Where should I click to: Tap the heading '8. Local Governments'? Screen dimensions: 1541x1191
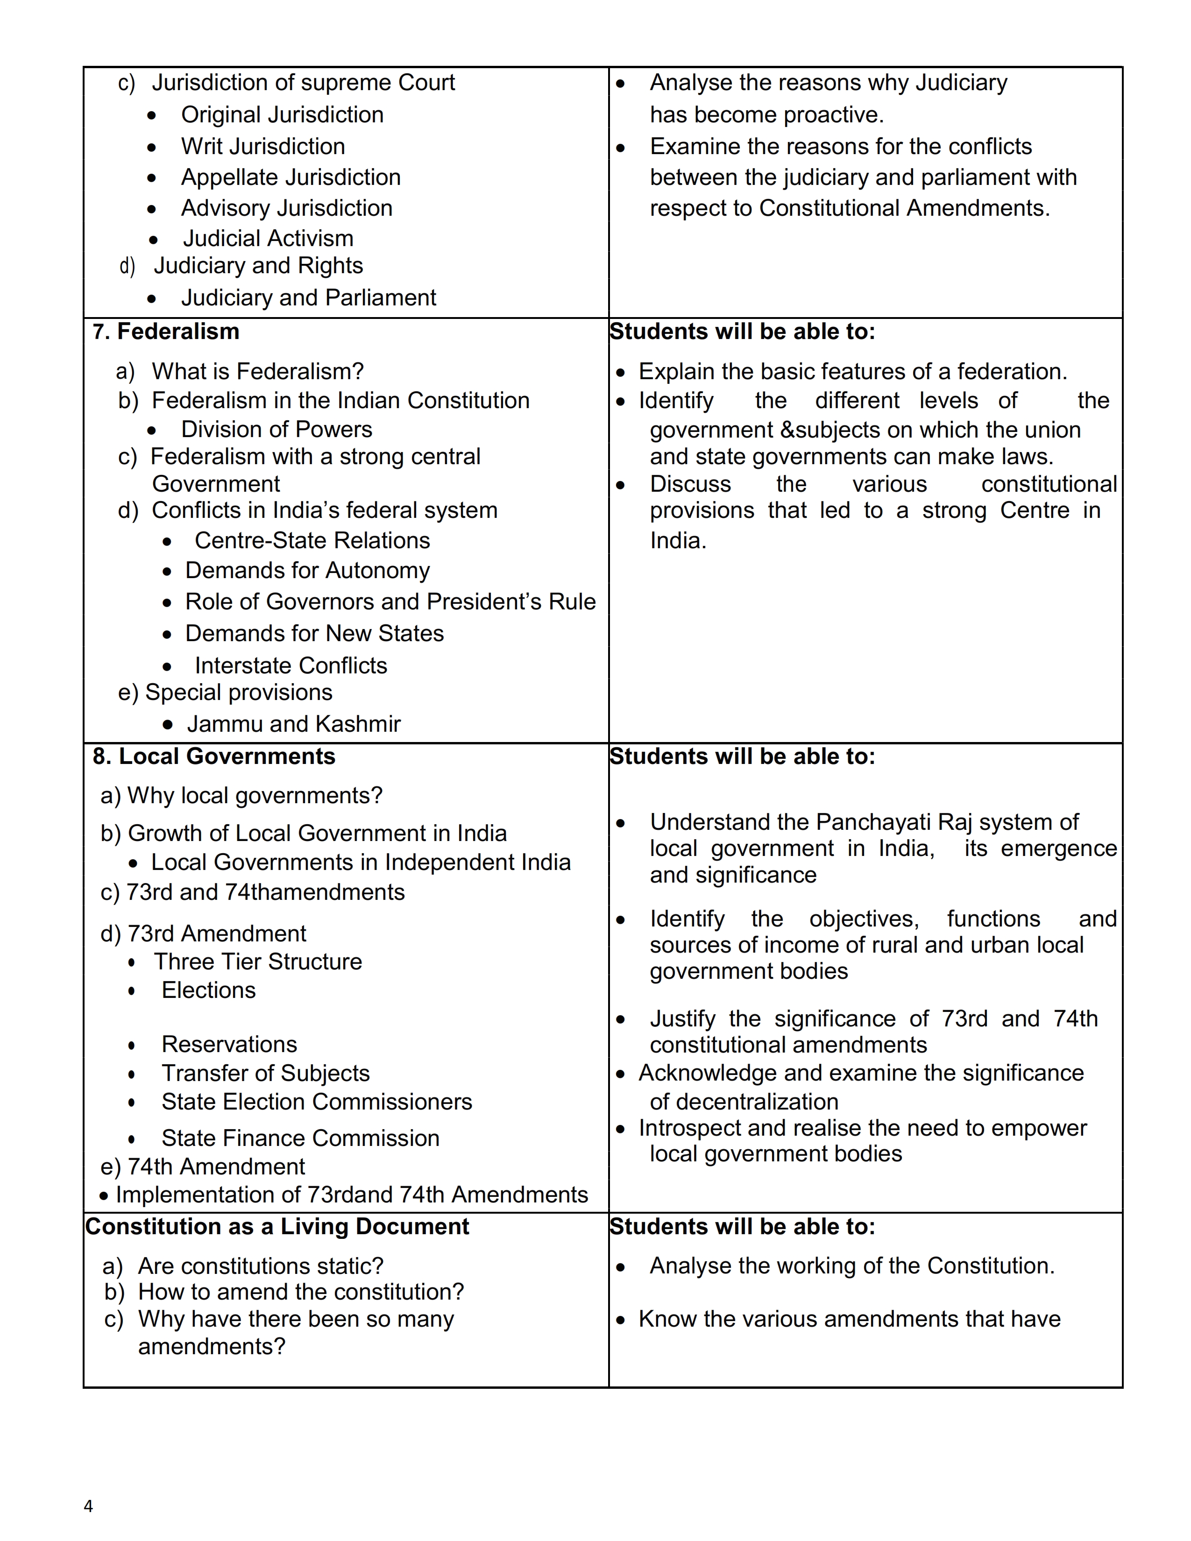(214, 756)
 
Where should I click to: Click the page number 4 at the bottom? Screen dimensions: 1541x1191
(88, 1506)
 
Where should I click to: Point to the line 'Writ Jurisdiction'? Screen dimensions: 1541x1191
(262, 146)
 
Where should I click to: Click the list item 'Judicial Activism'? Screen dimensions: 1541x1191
(268, 239)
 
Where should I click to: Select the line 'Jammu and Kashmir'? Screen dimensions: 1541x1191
(293, 723)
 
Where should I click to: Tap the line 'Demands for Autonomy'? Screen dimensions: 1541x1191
(307, 570)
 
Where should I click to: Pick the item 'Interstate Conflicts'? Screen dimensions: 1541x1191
(291, 665)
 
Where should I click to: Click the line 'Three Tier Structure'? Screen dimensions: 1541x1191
(257, 961)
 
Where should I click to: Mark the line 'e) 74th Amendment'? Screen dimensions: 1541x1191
(203, 1166)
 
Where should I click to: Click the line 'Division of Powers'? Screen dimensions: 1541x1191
(276, 429)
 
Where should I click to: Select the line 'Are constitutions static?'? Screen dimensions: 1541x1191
(260, 1266)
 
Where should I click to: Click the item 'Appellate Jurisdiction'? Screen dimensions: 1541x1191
(291, 177)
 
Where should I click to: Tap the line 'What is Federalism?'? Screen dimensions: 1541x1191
(257, 371)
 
